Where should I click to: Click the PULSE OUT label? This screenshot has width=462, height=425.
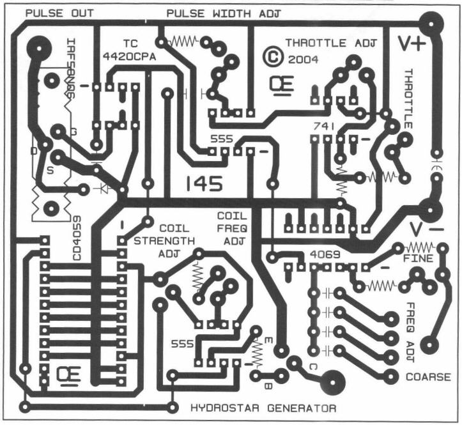(59, 13)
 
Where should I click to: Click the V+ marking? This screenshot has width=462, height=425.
(411, 43)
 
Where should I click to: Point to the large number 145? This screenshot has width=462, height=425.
(204, 184)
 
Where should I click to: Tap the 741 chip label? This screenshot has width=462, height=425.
(323, 127)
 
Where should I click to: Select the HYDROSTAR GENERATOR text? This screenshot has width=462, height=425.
(264, 407)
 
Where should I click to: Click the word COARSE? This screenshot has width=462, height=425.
(427, 376)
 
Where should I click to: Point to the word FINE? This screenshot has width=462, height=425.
(419, 259)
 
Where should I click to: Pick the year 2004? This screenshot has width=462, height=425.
(300, 58)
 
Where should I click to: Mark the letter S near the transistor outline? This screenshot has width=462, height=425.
(49, 171)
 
